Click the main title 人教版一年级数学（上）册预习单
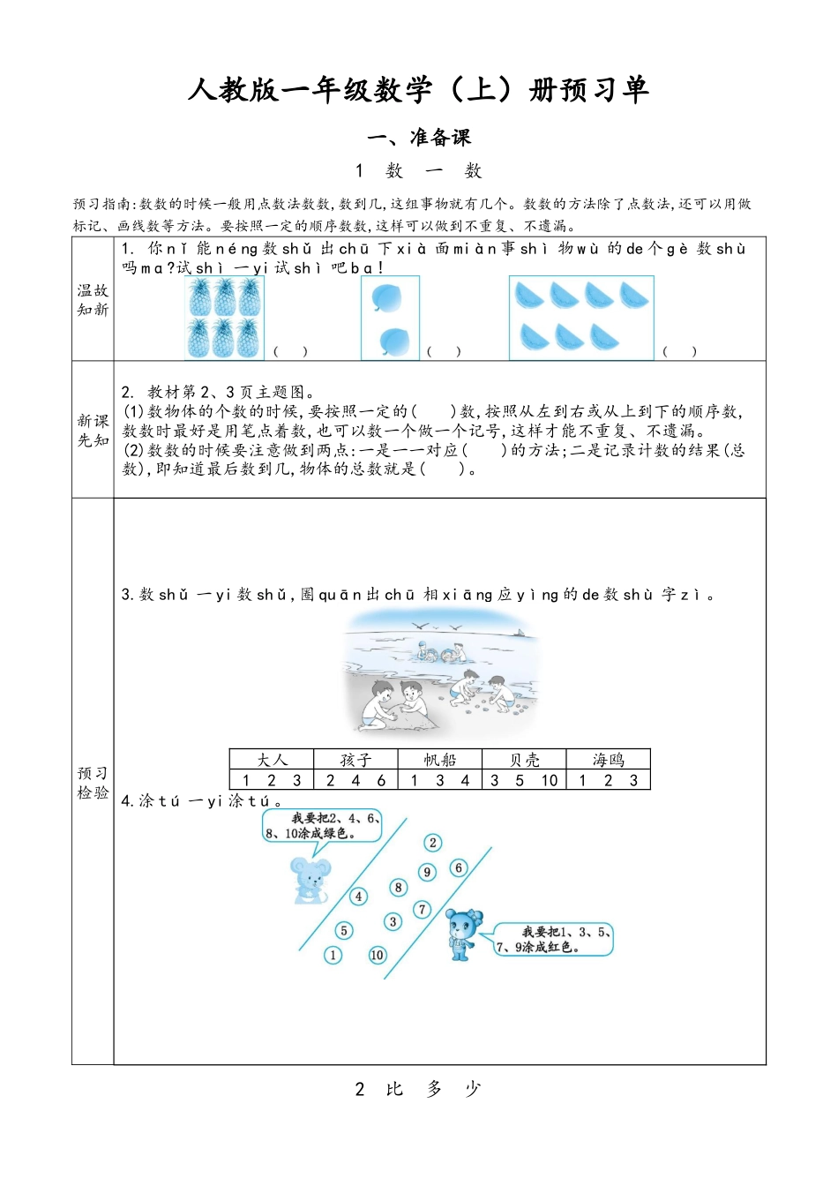point(418,90)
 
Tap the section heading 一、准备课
point(419,138)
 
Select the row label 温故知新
point(93,300)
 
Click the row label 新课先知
point(93,431)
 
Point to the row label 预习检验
point(93,783)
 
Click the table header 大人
point(272,760)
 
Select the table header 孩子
point(355,760)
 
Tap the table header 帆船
point(439,760)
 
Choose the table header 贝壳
point(524,760)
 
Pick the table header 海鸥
point(608,760)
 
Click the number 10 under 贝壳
point(549,780)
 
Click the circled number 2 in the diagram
point(432,843)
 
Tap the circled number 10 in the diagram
point(378,955)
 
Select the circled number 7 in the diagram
point(423,909)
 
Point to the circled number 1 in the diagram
point(333,955)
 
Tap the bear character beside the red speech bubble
point(462,935)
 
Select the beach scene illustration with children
point(440,673)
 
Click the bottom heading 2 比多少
point(418,1089)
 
